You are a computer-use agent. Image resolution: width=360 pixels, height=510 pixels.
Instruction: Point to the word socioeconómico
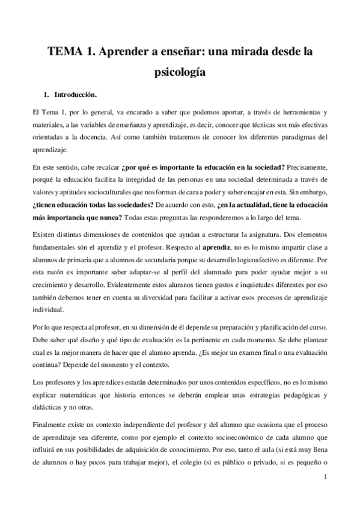pyautogui.click(x=220, y=439)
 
